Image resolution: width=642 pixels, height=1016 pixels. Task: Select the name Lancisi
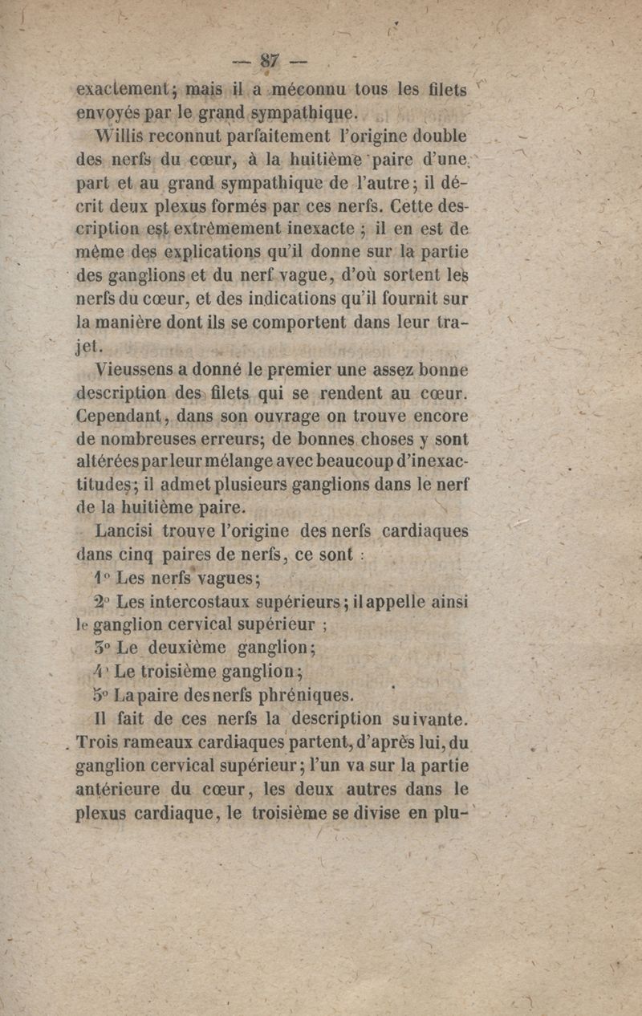coord(125,530)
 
